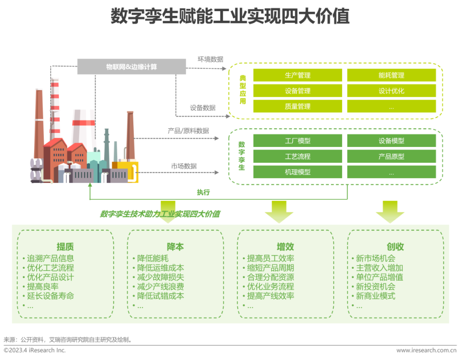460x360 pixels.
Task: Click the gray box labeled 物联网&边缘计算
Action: tap(132, 66)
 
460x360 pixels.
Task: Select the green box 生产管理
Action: tap(297, 75)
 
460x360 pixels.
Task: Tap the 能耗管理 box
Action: tap(391, 75)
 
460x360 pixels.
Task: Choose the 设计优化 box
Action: tap(391, 91)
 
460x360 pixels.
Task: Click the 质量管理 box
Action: tap(297, 106)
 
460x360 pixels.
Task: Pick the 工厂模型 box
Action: tap(297, 141)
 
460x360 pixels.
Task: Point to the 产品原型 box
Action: tap(391, 156)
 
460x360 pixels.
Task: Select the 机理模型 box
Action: tap(297, 172)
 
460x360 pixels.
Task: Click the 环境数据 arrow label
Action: tap(210, 59)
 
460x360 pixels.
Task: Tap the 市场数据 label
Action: tap(184, 166)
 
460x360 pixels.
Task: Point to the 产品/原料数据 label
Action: tap(188, 131)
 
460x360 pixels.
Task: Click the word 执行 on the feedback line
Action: tap(203, 192)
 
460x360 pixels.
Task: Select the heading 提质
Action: tap(65, 247)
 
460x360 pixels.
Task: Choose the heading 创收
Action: tap(395, 247)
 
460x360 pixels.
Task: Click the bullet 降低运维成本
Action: tap(160, 268)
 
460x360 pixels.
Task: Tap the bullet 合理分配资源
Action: tap(270, 277)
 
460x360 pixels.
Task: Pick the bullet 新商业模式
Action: tap(375, 296)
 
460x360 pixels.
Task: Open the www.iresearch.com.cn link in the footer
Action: tap(426, 350)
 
